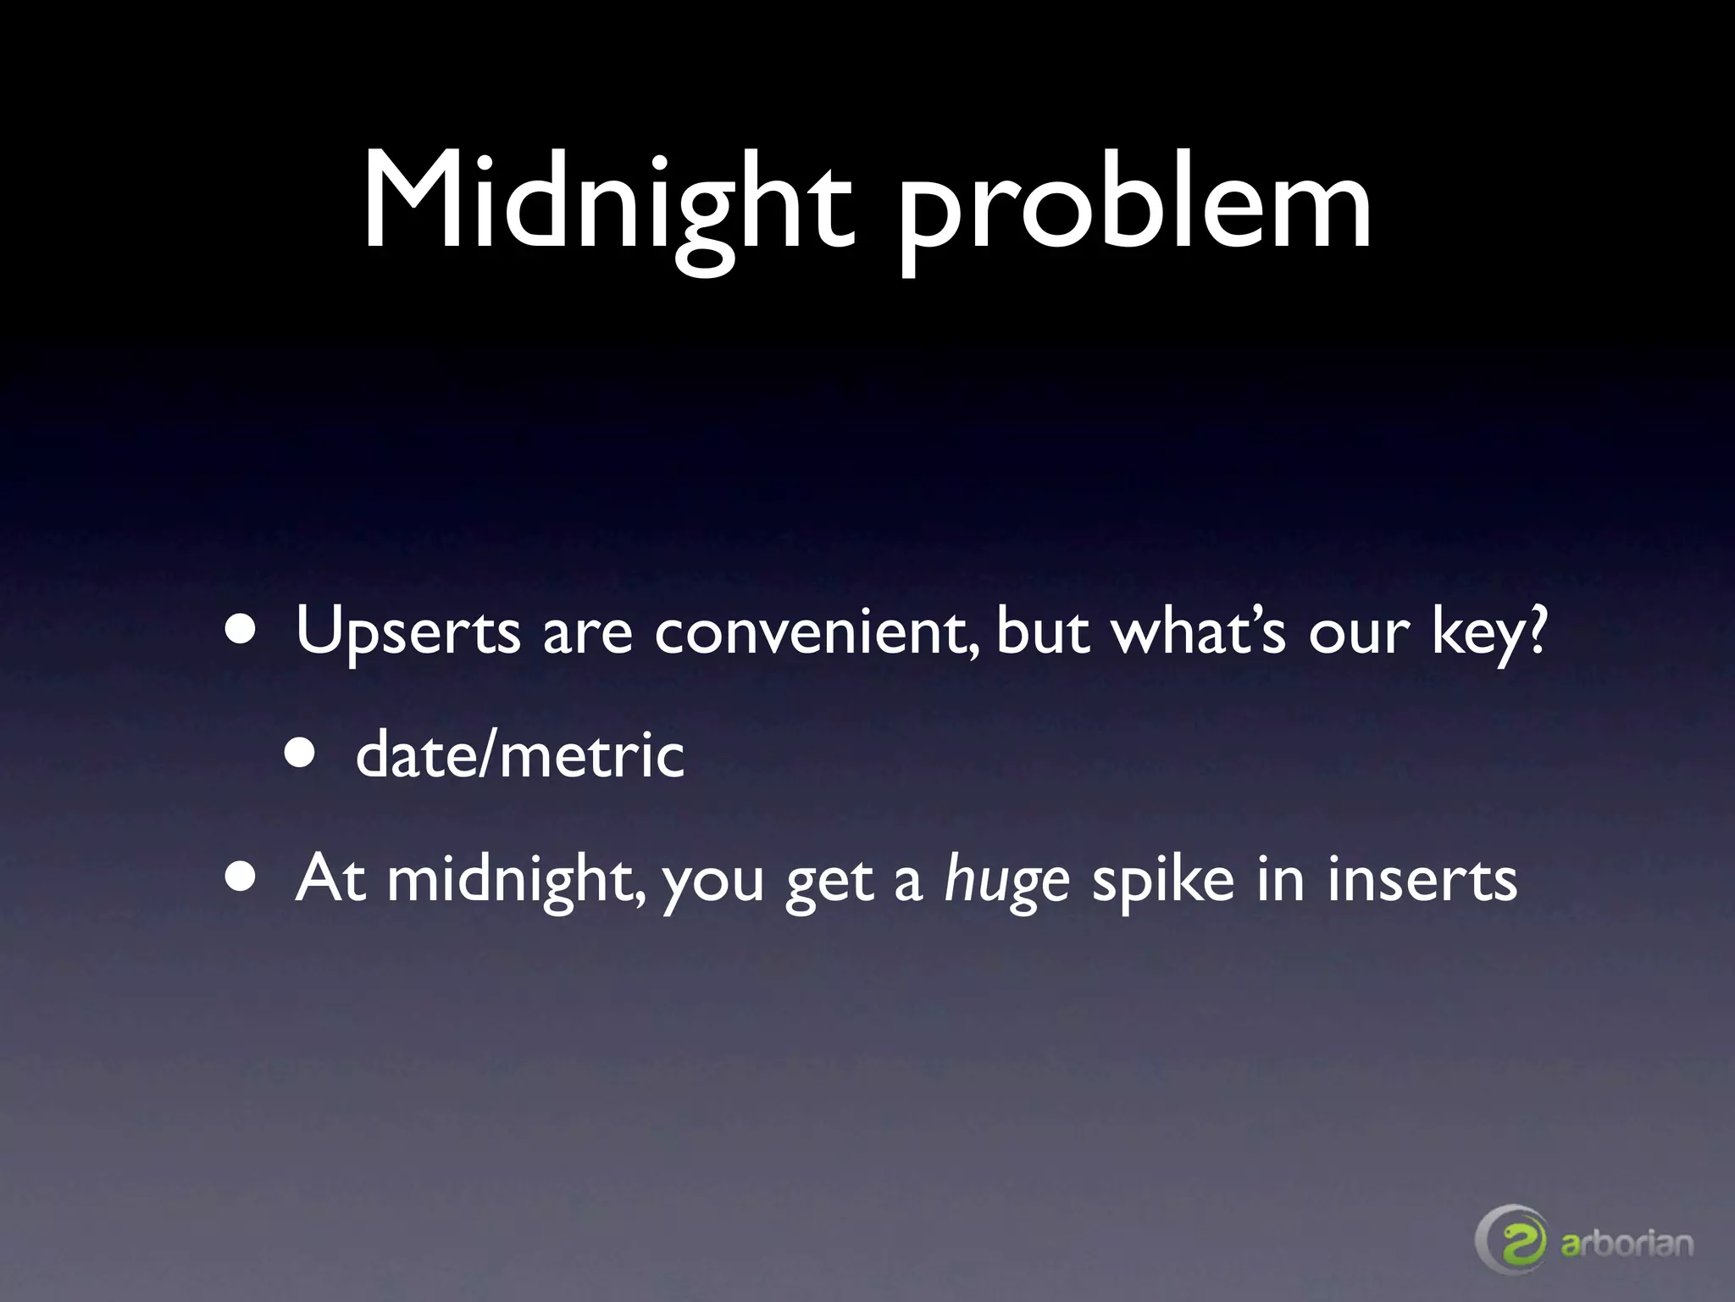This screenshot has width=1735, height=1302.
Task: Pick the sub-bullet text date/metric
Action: pos(519,755)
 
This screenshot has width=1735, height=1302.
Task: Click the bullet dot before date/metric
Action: pos(301,754)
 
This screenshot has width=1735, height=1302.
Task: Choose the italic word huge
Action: pos(1006,882)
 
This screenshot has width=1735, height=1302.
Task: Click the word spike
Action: pos(1162,882)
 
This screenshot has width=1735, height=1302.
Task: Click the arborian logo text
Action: pos(1627,1244)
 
